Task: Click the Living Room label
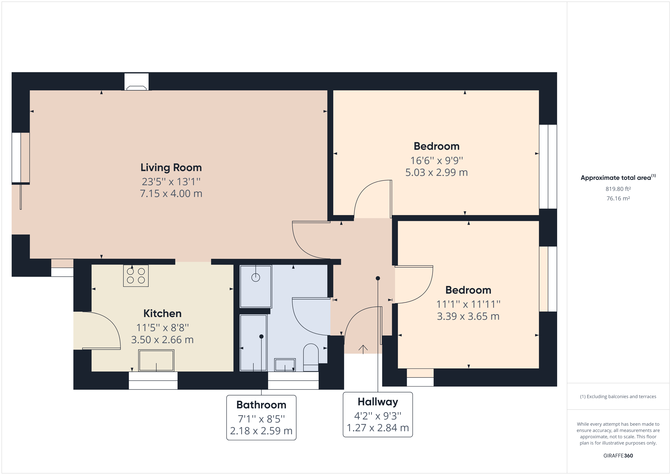pos(171,168)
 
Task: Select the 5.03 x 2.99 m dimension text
pos(436,173)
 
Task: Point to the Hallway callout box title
pos(378,402)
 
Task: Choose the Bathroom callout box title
pos(261,405)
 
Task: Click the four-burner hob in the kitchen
pos(136,276)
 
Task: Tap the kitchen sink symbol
pos(156,361)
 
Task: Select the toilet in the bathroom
pos(311,357)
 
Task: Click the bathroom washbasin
pos(285,365)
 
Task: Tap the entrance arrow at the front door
pos(363,349)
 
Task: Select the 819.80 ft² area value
pos(618,189)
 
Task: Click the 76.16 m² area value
pos(618,198)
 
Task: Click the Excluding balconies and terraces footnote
pos(618,397)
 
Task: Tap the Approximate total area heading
pos(616,178)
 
